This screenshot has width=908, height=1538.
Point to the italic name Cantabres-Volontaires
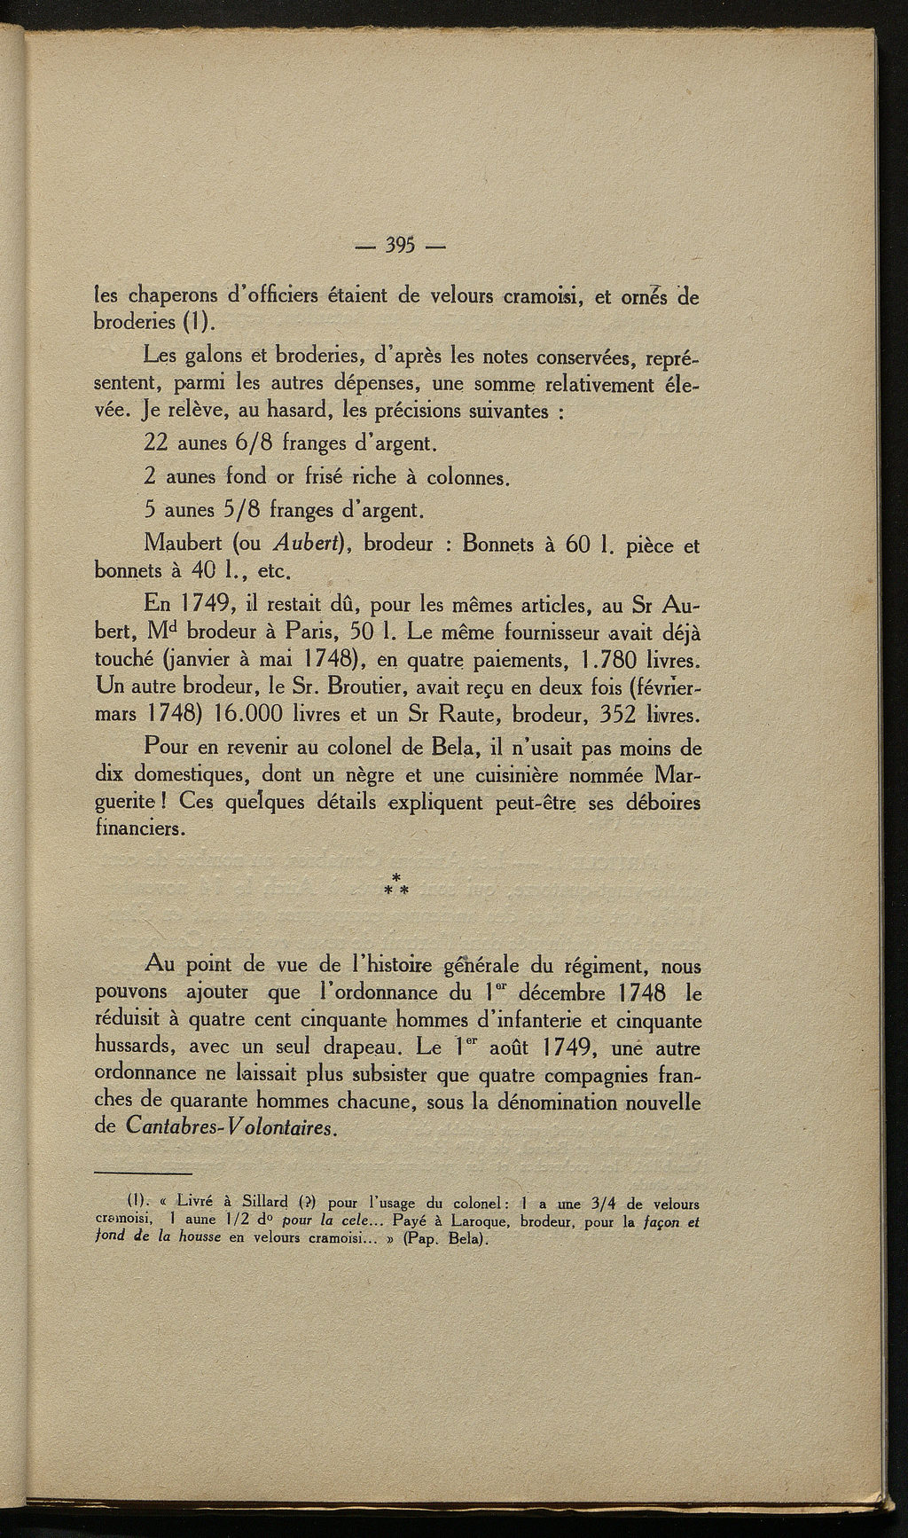(x=232, y=1129)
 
